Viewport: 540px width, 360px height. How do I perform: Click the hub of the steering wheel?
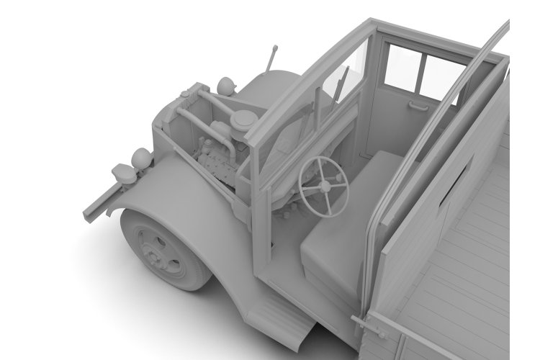(326, 186)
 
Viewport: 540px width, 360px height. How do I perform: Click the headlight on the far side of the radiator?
(227, 86)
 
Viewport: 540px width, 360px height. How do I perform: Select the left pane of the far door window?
(400, 66)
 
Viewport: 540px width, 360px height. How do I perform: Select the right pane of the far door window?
(436, 72)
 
